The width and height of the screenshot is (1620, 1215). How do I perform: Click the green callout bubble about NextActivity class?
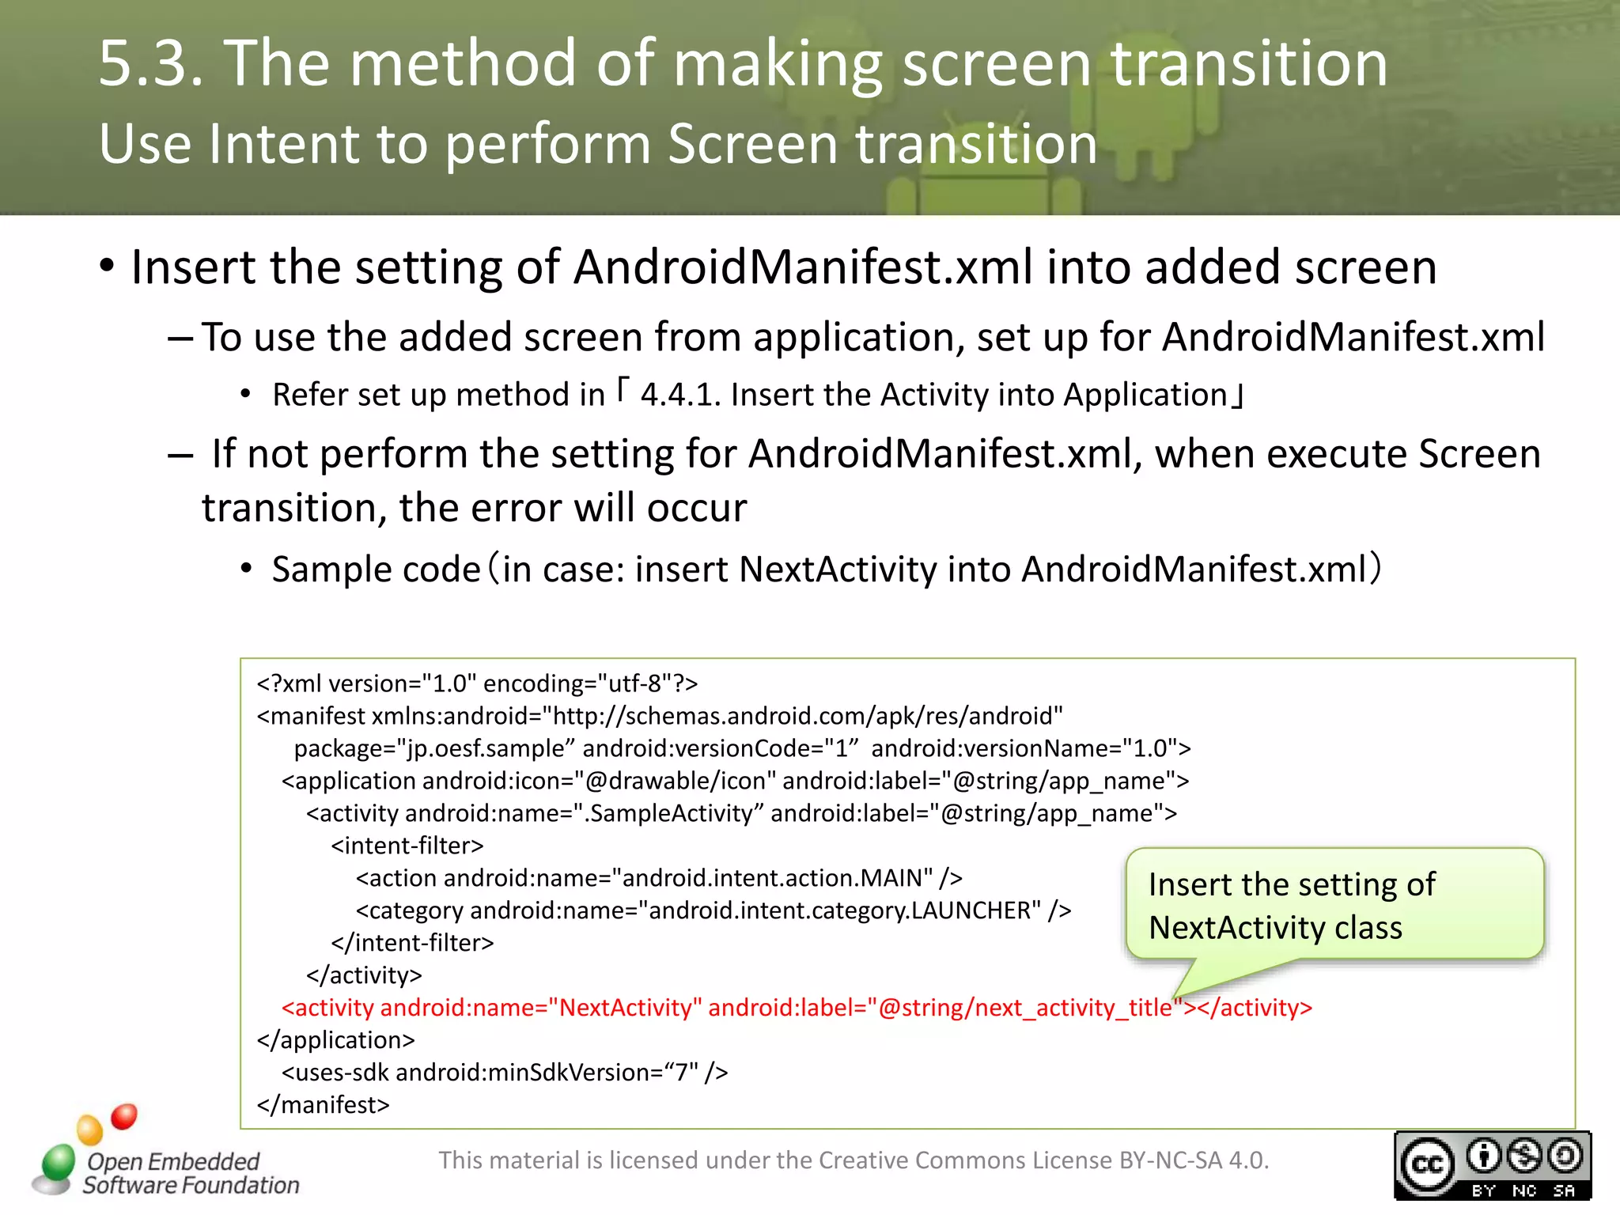tap(1334, 905)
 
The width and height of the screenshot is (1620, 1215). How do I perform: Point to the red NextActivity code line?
tap(797, 1008)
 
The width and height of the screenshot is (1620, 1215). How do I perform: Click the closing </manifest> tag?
tap(324, 1105)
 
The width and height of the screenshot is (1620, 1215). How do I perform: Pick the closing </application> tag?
tap(336, 1040)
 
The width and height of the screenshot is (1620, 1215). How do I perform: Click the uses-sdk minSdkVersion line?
tap(505, 1073)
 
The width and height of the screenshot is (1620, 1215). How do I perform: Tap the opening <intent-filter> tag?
tap(407, 846)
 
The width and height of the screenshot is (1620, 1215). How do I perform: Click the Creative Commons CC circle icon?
tap(1427, 1164)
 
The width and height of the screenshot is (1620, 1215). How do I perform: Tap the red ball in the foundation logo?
tap(124, 1116)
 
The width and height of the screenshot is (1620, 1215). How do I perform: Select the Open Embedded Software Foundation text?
tap(190, 1173)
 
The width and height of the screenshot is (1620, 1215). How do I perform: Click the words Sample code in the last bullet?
tap(377, 570)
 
